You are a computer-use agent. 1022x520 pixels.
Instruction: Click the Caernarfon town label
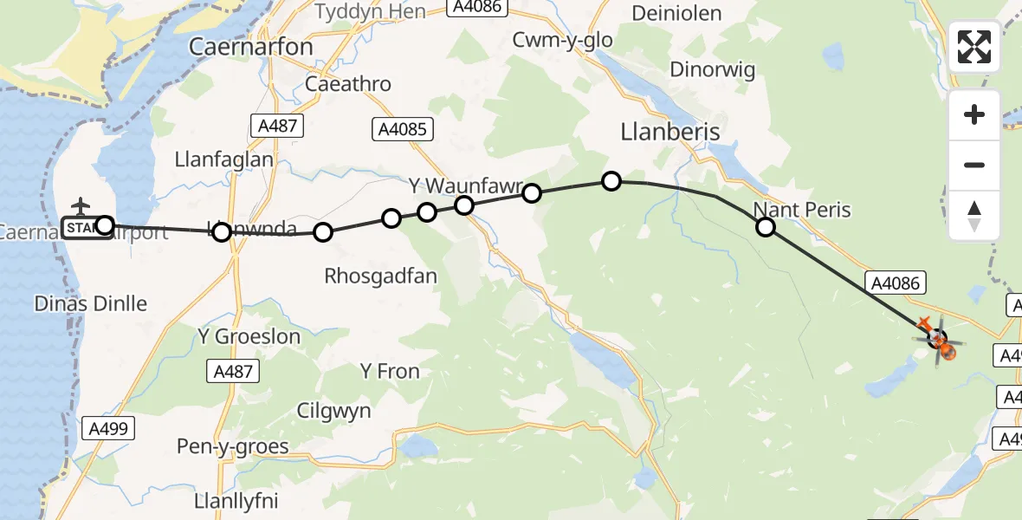(x=251, y=46)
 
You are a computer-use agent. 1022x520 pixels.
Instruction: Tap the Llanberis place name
(x=670, y=131)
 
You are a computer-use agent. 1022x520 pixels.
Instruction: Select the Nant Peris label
(x=802, y=210)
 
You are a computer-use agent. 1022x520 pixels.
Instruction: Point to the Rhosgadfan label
(x=380, y=276)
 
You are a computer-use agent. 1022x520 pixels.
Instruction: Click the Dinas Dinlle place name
(x=90, y=303)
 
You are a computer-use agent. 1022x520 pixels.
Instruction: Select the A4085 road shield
(x=403, y=129)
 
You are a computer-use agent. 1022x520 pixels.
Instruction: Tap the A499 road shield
(x=107, y=427)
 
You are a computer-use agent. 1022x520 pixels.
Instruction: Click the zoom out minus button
(x=974, y=166)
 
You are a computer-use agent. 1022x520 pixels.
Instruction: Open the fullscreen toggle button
(x=974, y=47)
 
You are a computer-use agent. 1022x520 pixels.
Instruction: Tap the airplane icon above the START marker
(x=81, y=206)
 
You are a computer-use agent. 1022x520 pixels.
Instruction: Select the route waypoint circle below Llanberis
(x=611, y=180)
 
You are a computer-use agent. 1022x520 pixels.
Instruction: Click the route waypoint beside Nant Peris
(x=766, y=227)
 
